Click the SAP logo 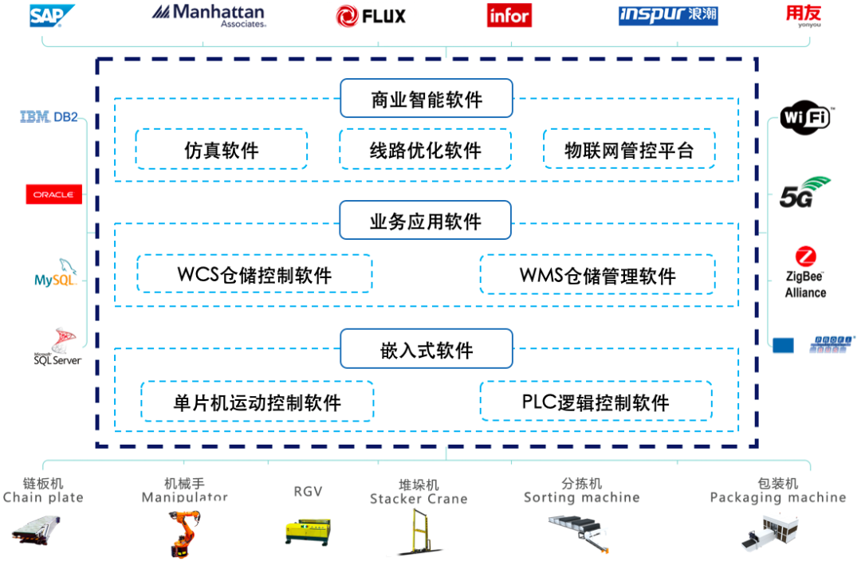[52, 15]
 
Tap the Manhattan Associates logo [208, 15]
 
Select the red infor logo [509, 16]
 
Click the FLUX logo [371, 15]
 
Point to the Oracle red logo [53, 194]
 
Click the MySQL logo [54, 275]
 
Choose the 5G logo [804, 192]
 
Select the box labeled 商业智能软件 [426, 99]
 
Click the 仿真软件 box [221, 150]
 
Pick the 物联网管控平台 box [629, 150]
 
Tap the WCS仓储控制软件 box [254, 275]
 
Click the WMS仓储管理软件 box [597, 275]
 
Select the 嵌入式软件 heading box [426, 349]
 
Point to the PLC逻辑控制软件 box [596, 402]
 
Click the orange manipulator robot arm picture [181, 533]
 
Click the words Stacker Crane [419, 499]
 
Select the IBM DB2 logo [49, 117]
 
